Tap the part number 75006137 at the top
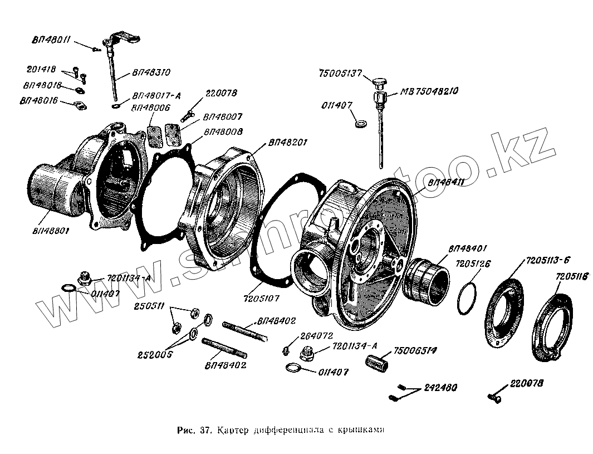[341, 74]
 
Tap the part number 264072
[316, 336]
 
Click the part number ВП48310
[151, 72]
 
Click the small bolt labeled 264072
[286, 349]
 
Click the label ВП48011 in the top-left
[51, 40]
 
